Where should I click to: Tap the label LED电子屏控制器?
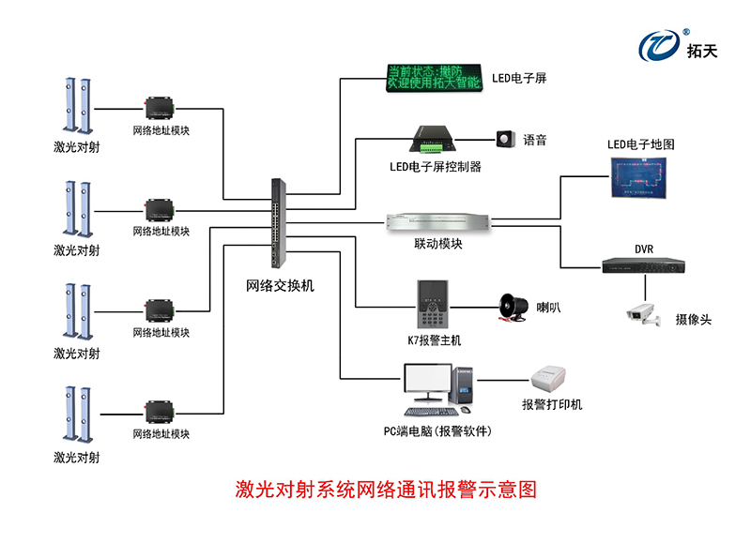436,167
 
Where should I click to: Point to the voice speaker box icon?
507,140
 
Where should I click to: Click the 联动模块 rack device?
438,222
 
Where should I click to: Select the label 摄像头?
693,320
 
